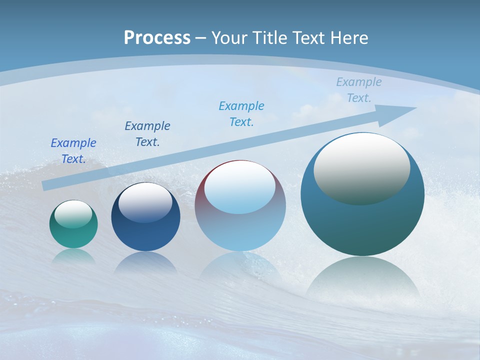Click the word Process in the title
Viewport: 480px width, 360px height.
pyautogui.click(x=157, y=38)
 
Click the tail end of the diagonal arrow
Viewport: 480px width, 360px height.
pyautogui.click(x=46, y=185)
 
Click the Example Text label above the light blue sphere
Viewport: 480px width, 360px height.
pyautogui.click(x=241, y=114)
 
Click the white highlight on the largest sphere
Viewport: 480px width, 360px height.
pyautogui.click(x=361, y=167)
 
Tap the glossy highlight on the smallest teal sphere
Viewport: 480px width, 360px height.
pyautogui.click(x=73, y=214)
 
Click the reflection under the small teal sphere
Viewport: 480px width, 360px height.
pyautogui.click(x=73, y=256)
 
